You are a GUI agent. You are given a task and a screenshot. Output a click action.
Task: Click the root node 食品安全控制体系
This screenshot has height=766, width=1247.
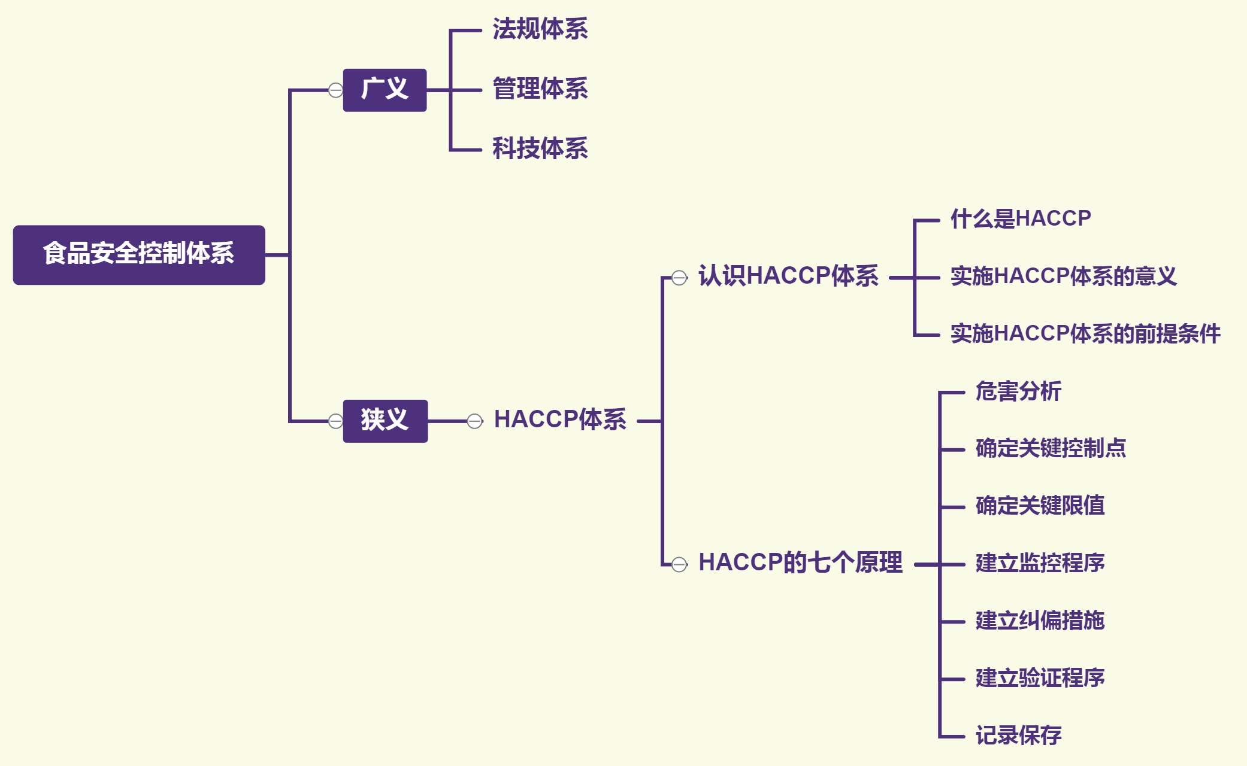click(x=139, y=254)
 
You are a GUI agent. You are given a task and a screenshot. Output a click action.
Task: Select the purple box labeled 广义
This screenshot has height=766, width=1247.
click(x=385, y=90)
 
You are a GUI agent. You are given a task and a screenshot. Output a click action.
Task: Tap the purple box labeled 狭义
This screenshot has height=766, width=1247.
click(x=385, y=421)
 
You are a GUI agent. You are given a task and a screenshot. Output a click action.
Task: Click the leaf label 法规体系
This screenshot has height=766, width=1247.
click(x=540, y=29)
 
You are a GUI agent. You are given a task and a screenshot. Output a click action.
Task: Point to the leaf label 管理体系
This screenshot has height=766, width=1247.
click(x=540, y=89)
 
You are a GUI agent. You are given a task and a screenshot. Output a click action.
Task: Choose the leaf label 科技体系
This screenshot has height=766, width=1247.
click(x=540, y=149)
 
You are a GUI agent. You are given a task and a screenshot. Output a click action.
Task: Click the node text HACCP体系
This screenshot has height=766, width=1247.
click(x=560, y=420)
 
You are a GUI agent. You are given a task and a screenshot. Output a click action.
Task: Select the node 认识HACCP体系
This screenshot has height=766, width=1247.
click(x=788, y=276)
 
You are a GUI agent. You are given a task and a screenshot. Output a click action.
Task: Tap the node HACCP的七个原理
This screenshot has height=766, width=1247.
click(x=800, y=563)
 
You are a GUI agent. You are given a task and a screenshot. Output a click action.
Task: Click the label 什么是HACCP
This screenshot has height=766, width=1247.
click(x=1021, y=219)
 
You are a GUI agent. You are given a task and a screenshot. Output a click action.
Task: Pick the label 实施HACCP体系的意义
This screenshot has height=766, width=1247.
click(x=1063, y=276)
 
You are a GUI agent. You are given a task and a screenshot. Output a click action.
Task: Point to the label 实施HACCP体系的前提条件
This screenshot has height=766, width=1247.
click(x=1085, y=334)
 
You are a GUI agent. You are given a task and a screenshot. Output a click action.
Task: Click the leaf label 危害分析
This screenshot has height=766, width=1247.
click(x=1018, y=392)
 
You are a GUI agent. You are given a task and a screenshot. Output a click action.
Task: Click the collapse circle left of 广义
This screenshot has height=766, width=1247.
click(x=336, y=90)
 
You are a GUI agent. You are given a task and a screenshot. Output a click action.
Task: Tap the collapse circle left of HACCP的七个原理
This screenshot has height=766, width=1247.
click(x=679, y=564)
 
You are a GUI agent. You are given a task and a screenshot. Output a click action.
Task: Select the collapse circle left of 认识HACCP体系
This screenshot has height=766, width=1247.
click(x=679, y=278)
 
